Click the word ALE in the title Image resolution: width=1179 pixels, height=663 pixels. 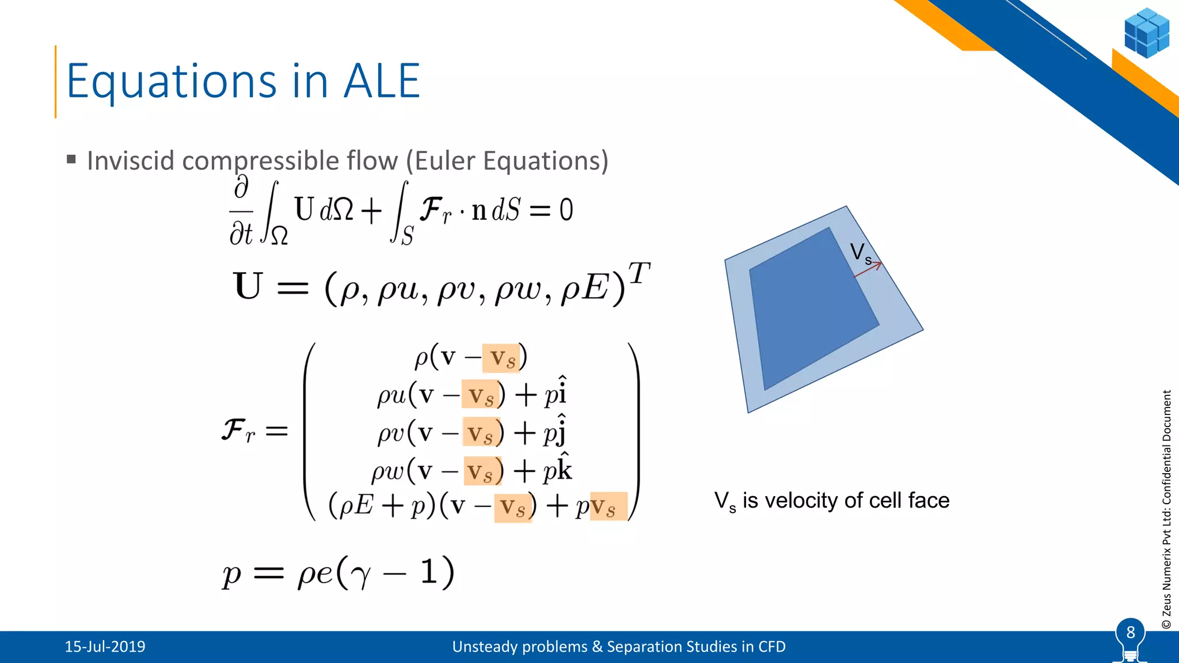point(382,82)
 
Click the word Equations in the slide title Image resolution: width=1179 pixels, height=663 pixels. point(172,82)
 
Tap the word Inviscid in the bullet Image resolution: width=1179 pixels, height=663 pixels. point(130,161)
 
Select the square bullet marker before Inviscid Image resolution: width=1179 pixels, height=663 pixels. point(71,159)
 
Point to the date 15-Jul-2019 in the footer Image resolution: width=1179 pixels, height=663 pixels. point(105,647)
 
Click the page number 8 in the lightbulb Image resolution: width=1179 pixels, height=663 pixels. point(1130,632)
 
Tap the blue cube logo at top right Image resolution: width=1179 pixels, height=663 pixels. point(1146,33)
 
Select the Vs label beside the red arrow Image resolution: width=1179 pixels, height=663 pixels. point(860,253)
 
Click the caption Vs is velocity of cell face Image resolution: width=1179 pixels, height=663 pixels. point(831,501)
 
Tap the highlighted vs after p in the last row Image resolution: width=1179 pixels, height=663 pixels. point(608,507)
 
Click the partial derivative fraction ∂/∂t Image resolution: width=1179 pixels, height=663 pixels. point(241,212)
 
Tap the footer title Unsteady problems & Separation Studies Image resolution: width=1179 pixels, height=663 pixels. point(618,647)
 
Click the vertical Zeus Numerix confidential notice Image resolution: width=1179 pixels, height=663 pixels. point(1166,509)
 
